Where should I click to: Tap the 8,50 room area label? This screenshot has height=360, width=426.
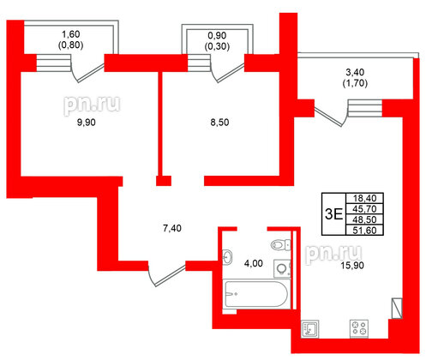click(219, 123)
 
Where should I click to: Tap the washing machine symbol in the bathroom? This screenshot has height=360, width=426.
click(281, 267)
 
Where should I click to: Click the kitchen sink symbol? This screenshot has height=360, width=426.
click(309, 327)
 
